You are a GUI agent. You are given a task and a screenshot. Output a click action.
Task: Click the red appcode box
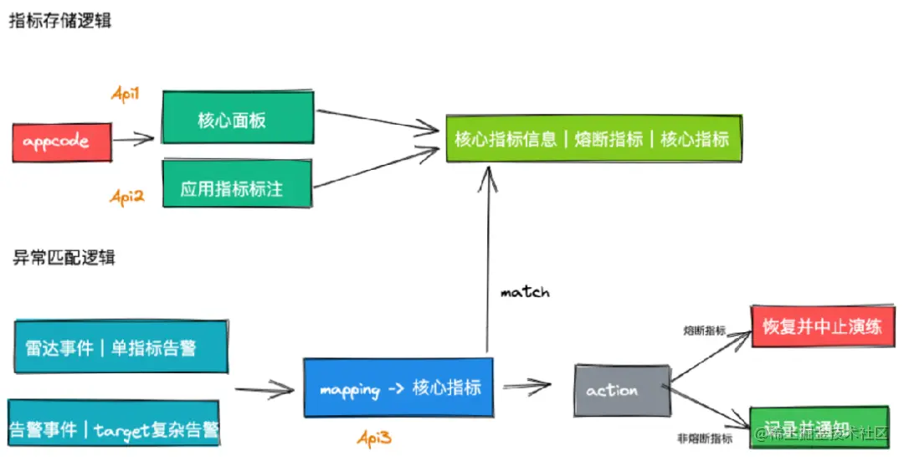62,142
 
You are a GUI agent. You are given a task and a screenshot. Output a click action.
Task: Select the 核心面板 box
237,120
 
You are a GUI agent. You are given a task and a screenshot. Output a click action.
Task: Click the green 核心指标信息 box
593,139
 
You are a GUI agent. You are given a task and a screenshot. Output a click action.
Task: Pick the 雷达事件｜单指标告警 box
120,347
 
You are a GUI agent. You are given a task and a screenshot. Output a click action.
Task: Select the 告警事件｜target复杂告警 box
114,429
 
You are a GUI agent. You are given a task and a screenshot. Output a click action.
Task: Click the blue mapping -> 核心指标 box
398,388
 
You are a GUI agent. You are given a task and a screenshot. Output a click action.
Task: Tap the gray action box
621,390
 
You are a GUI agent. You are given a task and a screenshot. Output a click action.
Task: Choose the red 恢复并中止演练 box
817,326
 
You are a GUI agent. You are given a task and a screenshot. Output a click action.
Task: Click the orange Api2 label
126,197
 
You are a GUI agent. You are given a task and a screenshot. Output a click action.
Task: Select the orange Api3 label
374,437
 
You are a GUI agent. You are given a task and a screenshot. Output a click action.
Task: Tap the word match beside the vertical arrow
525,292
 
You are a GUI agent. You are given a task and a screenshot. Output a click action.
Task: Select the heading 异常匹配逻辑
64,257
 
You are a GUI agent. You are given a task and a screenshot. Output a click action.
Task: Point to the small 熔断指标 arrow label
705,331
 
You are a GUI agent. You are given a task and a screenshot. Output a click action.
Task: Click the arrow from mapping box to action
526,385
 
